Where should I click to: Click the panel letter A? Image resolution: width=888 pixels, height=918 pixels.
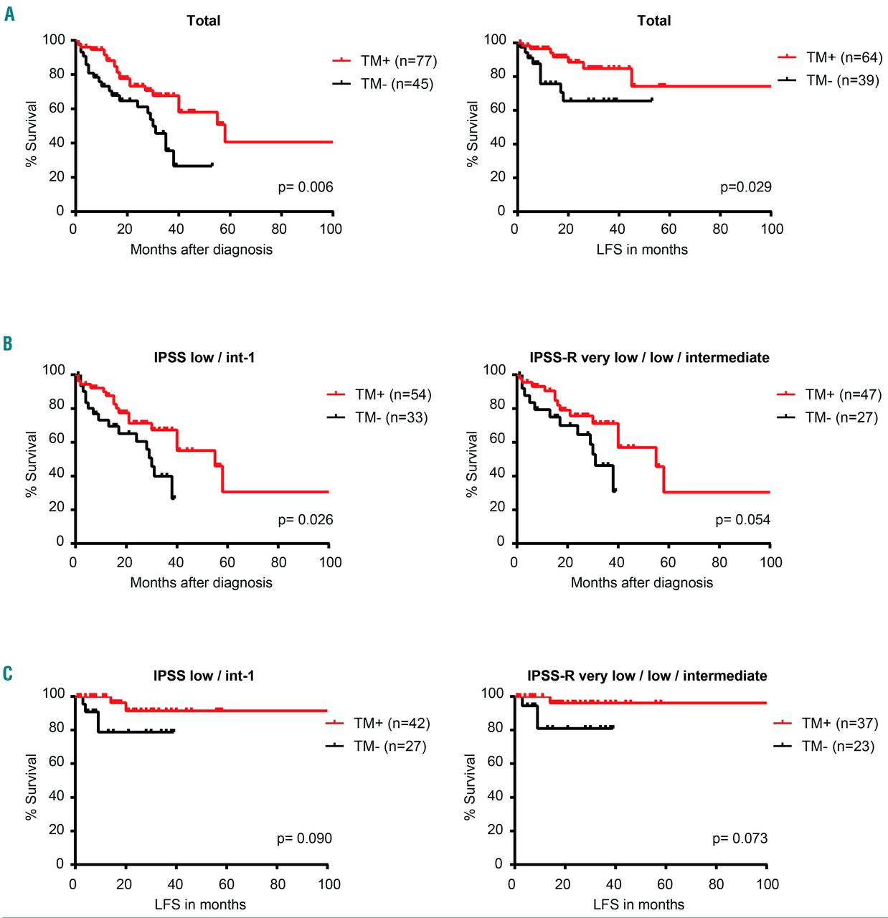point(9,14)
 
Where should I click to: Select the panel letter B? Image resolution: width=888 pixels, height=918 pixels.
point(8,344)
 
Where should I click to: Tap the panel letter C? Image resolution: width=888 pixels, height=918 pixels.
point(8,673)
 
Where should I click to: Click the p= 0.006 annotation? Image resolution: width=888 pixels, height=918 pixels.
point(306,187)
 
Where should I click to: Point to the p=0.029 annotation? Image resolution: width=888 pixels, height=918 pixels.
point(746,187)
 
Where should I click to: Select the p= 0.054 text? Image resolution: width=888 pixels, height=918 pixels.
point(742,520)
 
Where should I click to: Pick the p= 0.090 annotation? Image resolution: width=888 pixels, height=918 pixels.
point(304,838)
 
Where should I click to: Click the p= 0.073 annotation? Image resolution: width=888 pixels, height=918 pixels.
point(740,838)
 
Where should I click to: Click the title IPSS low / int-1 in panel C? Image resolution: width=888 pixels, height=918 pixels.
point(204,676)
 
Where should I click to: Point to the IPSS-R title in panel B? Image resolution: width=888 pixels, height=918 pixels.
point(649,357)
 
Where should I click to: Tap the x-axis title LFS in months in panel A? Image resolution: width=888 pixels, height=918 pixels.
point(642,250)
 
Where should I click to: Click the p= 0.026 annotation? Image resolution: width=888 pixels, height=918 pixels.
point(306,520)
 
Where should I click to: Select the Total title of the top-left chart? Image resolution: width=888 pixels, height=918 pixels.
point(204,21)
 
